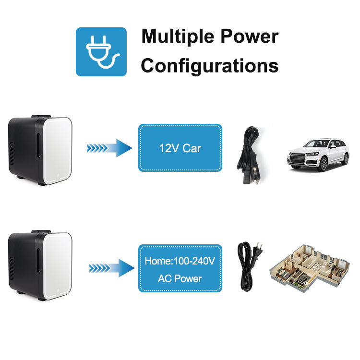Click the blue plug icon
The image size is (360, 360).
tap(101, 51)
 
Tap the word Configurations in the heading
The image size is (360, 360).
tap(210, 66)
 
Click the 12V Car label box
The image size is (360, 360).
tap(180, 148)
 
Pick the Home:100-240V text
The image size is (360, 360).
tap(180, 262)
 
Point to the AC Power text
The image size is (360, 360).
tap(180, 278)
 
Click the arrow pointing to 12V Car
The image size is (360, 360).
tap(109, 148)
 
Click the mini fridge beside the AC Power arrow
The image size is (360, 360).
tap(40, 265)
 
